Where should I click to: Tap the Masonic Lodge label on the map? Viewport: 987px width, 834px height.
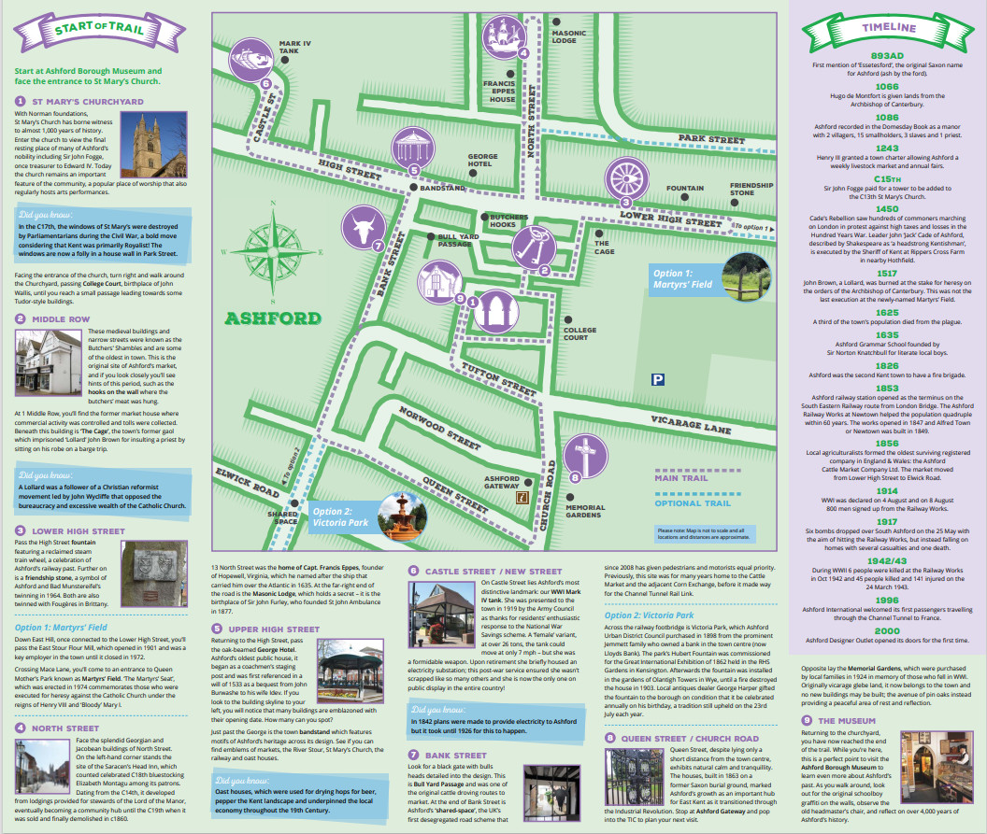coord(569,37)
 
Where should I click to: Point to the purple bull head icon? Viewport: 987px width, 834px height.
coord(363,228)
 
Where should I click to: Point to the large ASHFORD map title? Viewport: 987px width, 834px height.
coord(272,318)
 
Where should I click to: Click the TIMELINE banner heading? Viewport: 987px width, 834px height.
coord(887,29)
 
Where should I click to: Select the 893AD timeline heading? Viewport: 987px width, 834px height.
coord(887,55)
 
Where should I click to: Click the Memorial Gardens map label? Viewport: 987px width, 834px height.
coord(585,512)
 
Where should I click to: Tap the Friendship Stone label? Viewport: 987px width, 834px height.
coord(752,190)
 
